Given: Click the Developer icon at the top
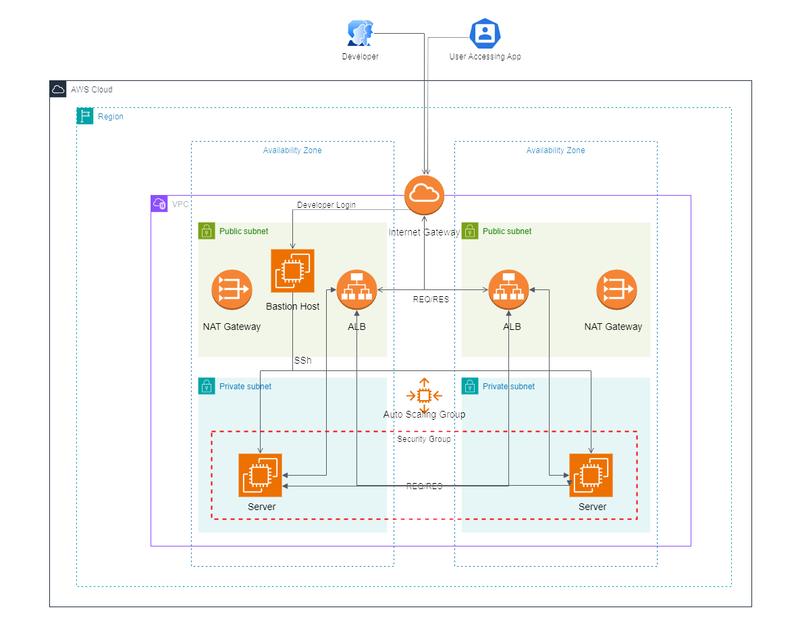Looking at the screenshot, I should (360, 33).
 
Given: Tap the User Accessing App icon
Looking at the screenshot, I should (485, 33).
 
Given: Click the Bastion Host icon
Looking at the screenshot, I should (292, 271).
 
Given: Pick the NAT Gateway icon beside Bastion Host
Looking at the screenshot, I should (232, 290).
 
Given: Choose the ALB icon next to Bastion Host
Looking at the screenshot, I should (356, 290).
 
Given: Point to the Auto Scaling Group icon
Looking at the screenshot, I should (424, 395).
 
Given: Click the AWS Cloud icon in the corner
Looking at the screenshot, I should (58, 89).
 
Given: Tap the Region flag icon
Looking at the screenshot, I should (85, 116).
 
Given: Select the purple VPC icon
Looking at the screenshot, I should (159, 204).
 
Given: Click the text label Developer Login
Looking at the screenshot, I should (326, 205).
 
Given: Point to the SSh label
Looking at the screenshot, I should (302, 361).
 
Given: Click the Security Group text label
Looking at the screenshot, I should (424, 439).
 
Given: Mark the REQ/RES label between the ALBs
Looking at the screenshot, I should (431, 299).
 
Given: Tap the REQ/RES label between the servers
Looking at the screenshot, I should (424, 486).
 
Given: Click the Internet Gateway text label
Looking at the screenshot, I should (424, 232).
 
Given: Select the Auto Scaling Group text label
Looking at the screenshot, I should (424, 414).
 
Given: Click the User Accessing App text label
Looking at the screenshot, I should (485, 57).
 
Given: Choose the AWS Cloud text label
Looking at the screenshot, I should (92, 89).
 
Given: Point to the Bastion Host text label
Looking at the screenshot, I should (292, 306).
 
